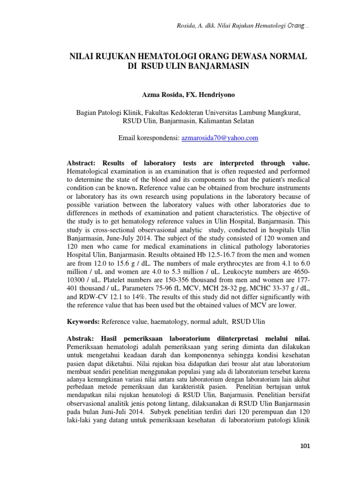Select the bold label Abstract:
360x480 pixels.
pos(82,163)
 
